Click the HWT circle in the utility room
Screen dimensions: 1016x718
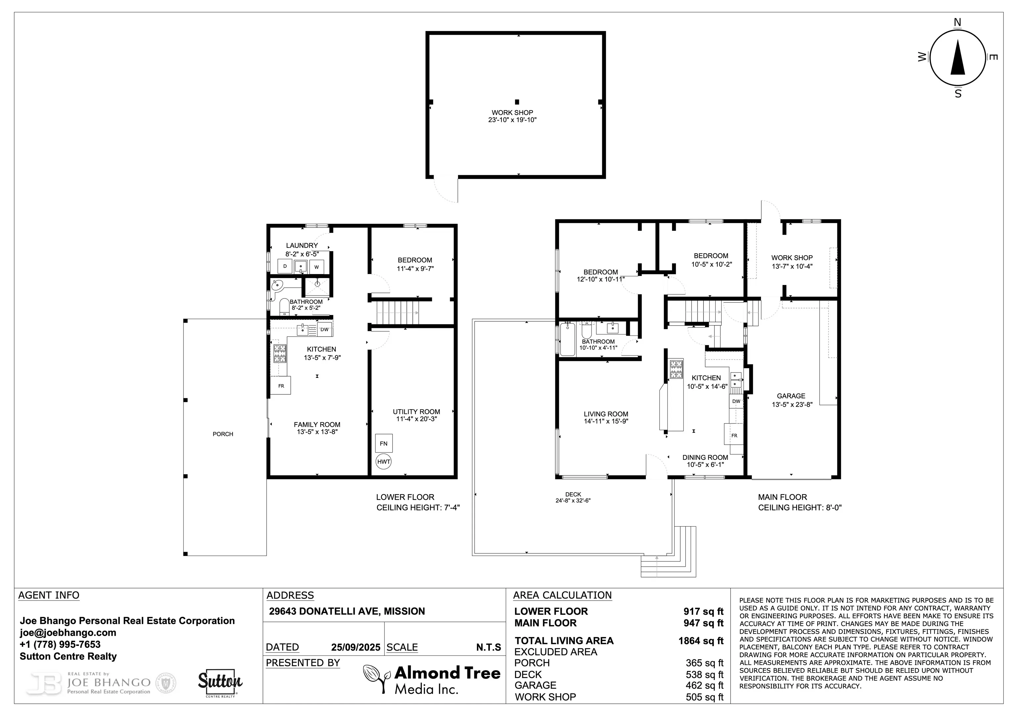click(384, 462)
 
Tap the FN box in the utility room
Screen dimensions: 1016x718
click(384, 443)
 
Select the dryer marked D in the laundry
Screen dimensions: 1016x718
click(285, 266)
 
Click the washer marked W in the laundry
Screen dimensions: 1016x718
click(317, 267)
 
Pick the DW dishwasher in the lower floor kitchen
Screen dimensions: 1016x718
click(324, 330)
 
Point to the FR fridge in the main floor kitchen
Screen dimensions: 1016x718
click(734, 436)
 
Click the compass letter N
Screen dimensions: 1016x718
click(957, 22)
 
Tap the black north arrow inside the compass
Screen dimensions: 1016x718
click(958, 58)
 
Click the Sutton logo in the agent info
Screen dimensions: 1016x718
click(220, 683)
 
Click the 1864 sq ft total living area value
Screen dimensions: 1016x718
click(701, 641)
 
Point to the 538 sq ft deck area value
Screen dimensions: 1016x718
click(704, 675)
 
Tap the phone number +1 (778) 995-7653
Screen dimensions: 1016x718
click(60, 644)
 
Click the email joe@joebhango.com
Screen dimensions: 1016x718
click(68, 633)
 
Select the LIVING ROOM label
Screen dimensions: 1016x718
click(606, 414)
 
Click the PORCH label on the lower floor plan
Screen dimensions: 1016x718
click(223, 434)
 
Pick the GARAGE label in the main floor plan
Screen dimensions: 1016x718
click(791, 396)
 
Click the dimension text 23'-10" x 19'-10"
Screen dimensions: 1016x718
click(512, 120)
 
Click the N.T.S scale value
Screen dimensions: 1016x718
click(488, 647)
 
